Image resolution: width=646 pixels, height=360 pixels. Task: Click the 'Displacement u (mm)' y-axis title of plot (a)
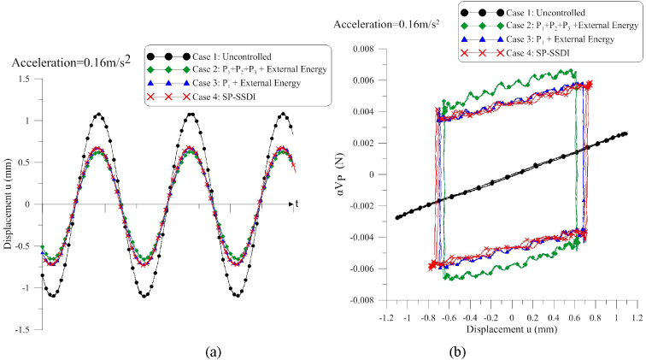[x=9, y=204]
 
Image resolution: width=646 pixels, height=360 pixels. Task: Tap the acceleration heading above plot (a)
[x=71, y=62]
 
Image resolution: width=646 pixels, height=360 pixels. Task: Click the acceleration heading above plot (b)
[x=388, y=25]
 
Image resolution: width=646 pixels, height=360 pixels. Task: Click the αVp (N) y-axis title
[x=340, y=174]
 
